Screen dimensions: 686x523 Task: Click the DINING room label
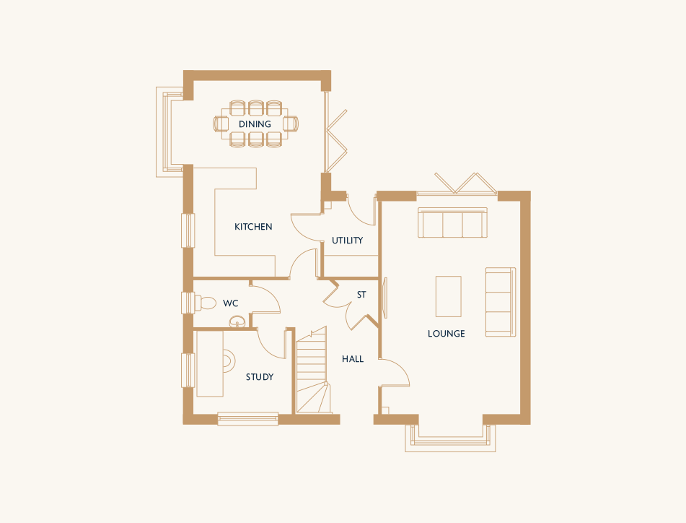[x=255, y=124]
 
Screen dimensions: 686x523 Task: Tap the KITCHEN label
[x=253, y=226]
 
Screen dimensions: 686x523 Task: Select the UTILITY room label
[x=348, y=240]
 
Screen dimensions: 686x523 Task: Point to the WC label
[x=231, y=303]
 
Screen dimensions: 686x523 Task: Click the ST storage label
[x=361, y=295]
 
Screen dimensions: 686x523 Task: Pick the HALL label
[x=353, y=359]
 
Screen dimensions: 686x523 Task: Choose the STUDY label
[x=260, y=376]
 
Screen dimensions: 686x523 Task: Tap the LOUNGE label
[x=447, y=333]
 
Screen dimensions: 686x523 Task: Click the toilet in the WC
[x=205, y=303]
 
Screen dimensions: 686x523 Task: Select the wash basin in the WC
[x=237, y=321]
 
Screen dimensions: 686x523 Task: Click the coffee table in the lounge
[x=449, y=296]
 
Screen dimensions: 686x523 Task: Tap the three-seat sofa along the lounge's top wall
[x=452, y=222]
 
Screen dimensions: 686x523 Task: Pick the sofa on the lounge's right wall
[x=501, y=302]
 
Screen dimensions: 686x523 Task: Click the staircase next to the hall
[x=312, y=369]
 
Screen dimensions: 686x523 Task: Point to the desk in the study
[x=210, y=363]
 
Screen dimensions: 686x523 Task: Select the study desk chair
[x=229, y=361]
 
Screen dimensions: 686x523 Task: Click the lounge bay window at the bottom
[x=450, y=438]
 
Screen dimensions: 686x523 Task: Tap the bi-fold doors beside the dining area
[x=335, y=140]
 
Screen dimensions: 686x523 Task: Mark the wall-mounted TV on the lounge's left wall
[x=385, y=298]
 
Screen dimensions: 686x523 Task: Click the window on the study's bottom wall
[x=248, y=419]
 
